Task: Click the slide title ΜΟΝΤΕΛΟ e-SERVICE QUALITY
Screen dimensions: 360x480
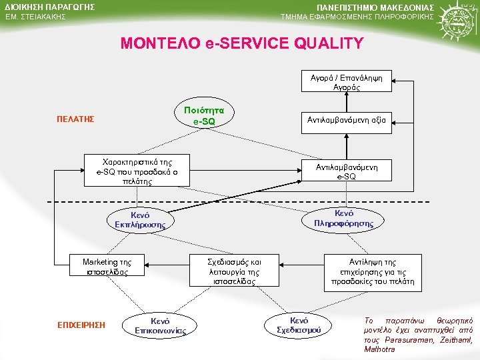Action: click(x=242, y=44)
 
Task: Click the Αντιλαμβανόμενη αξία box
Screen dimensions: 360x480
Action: click(x=346, y=120)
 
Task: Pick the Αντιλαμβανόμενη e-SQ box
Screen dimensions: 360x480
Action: click(x=346, y=172)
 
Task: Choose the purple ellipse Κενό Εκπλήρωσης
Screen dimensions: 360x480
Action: click(x=141, y=221)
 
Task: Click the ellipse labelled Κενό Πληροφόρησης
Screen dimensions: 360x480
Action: click(x=343, y=218)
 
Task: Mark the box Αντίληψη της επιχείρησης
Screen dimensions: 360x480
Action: click(x=372, y=271)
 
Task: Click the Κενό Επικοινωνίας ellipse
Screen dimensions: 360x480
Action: click(x=160, y=325)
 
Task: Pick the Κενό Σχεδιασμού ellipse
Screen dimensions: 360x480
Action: click(x=299, y=325)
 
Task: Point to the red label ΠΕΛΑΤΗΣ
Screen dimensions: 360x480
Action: click(x=75, y=119)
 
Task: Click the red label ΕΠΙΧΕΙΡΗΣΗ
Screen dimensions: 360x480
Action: click(x=82, y=325)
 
